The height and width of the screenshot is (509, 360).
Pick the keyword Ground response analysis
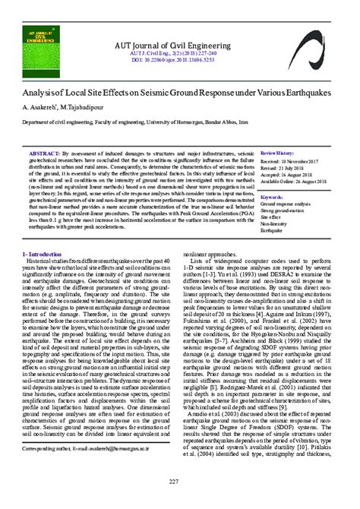(285, 204)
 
